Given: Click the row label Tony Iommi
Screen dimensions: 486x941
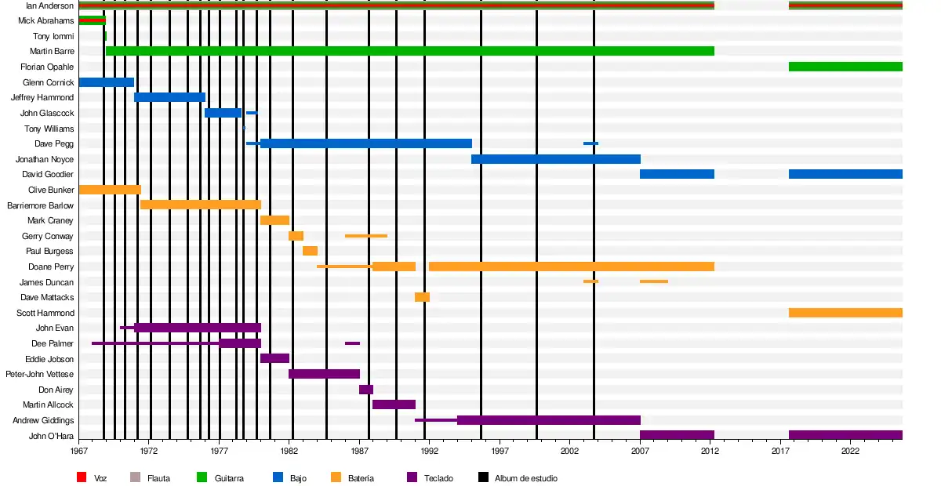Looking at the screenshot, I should pyautogui.click(x=53, y=36).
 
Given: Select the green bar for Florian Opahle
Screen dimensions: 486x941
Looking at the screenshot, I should pyautogui.click(x=845, y=67).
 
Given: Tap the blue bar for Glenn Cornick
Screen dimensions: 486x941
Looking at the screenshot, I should pyautogui.click(x=106, y=82).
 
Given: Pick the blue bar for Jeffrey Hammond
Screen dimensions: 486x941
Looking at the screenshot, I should pyautogui.click(x=169, y=97).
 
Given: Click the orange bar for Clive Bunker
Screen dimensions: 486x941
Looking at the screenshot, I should pyautogui.click(x=110, y=190).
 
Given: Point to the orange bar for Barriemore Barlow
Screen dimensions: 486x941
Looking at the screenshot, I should pyautogui.click(x=200, y=205).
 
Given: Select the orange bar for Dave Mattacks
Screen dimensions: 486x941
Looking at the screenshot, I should pyautogui.click(x=422, y=297).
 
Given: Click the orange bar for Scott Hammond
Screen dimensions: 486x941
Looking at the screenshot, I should pyautogui.click(x=845, y=313).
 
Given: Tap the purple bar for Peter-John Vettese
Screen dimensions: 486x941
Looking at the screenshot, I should pyautogui.click(x=324, y=374).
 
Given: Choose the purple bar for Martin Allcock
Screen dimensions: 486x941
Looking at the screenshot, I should pyautogui.click(x=394, y=404).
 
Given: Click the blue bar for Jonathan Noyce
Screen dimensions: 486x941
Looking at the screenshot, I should pyautogui.click(x=555, y=159).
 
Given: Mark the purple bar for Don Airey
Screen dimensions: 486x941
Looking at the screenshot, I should pyautogui.click(x=366, y=390).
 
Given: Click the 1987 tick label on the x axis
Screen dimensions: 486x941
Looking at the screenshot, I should pyautogui.click(x=360, y=452).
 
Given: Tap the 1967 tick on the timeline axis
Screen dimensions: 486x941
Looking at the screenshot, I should pyautogui.click(x=79, y=452).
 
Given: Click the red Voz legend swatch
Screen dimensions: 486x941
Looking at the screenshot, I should pyautogui.click(x=81, y=477).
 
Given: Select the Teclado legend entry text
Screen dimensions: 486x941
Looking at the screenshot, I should pyautogui.click(x=438, y=478).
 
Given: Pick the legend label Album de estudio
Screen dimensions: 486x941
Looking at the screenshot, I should pyautogui.click(x=525, y=478).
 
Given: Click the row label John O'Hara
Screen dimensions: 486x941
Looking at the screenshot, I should pyautogui.click(x=51, y=436).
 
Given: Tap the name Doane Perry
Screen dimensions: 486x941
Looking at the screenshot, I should pyautogui.click(x=51, y=267).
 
